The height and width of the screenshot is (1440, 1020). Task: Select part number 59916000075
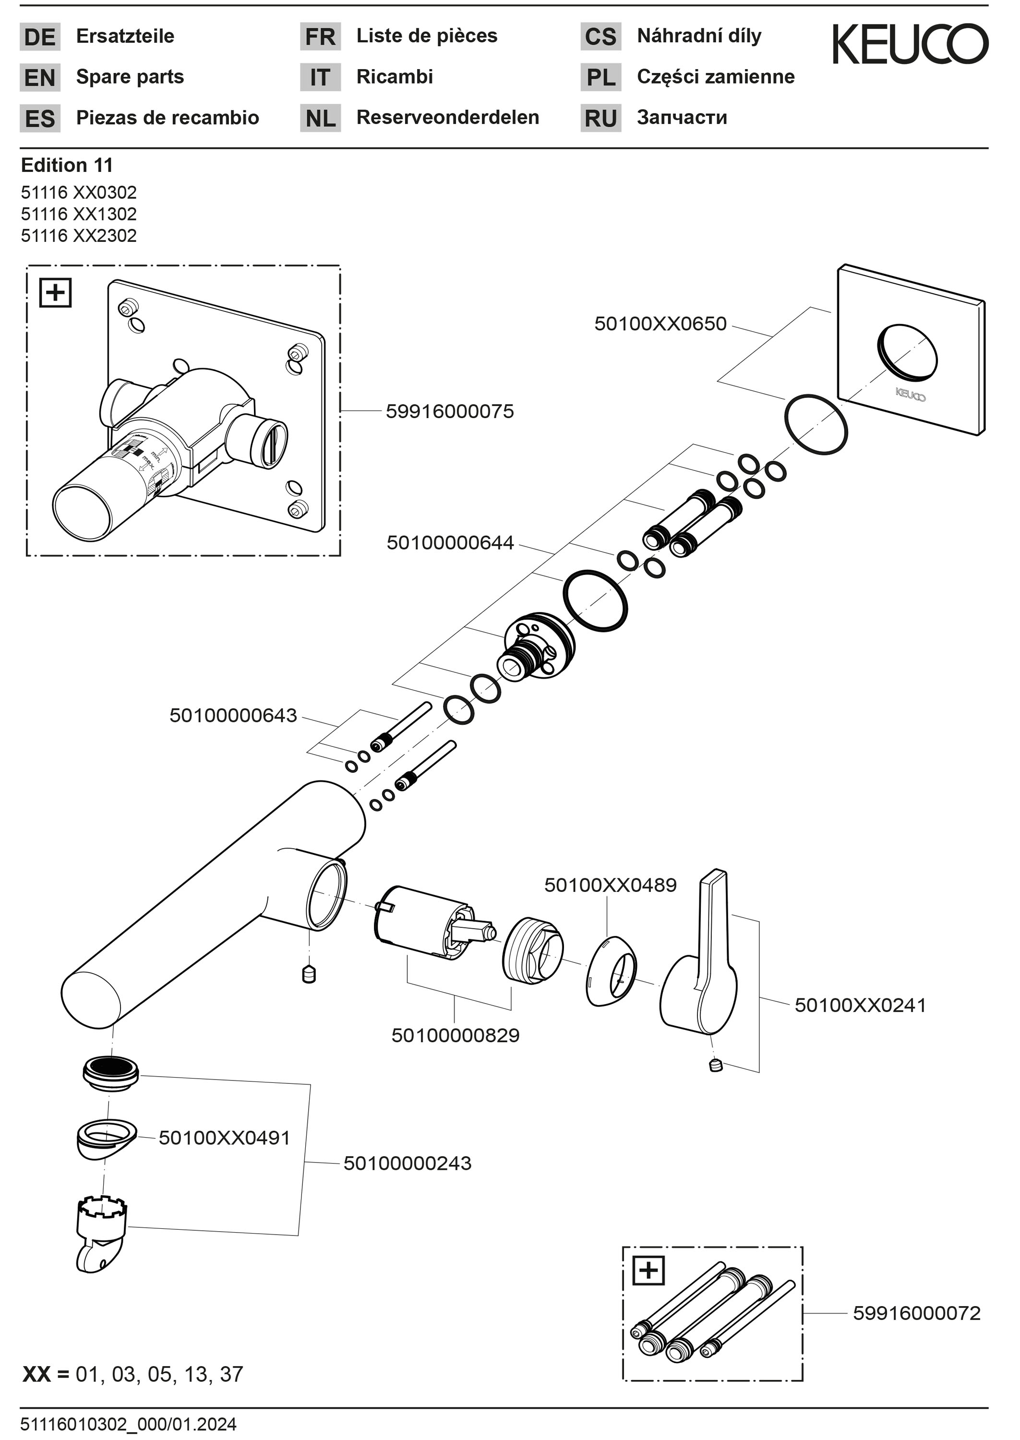coord(449,411)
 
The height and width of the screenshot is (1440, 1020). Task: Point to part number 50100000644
coord(450,542)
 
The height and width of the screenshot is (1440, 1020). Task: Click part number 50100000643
coord(233,715)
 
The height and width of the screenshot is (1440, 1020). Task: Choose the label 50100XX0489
coord(610,886)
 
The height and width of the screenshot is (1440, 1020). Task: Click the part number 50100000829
coord(456,1035)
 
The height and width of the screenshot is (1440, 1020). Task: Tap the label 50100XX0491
coord(224,1138)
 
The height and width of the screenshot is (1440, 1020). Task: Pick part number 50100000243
coord(407,1163)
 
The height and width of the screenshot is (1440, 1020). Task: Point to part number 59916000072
coord(916,1313)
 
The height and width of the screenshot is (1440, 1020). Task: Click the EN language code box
coord(39,77)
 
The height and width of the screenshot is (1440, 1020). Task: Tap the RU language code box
coord(600,118)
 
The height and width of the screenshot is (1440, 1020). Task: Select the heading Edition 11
coord(67,165)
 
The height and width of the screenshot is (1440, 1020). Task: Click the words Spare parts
coord(130,77)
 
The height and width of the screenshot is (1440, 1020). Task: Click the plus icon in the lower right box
coord(648,1272)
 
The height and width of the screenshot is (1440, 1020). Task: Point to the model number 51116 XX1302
coord(79,214)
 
